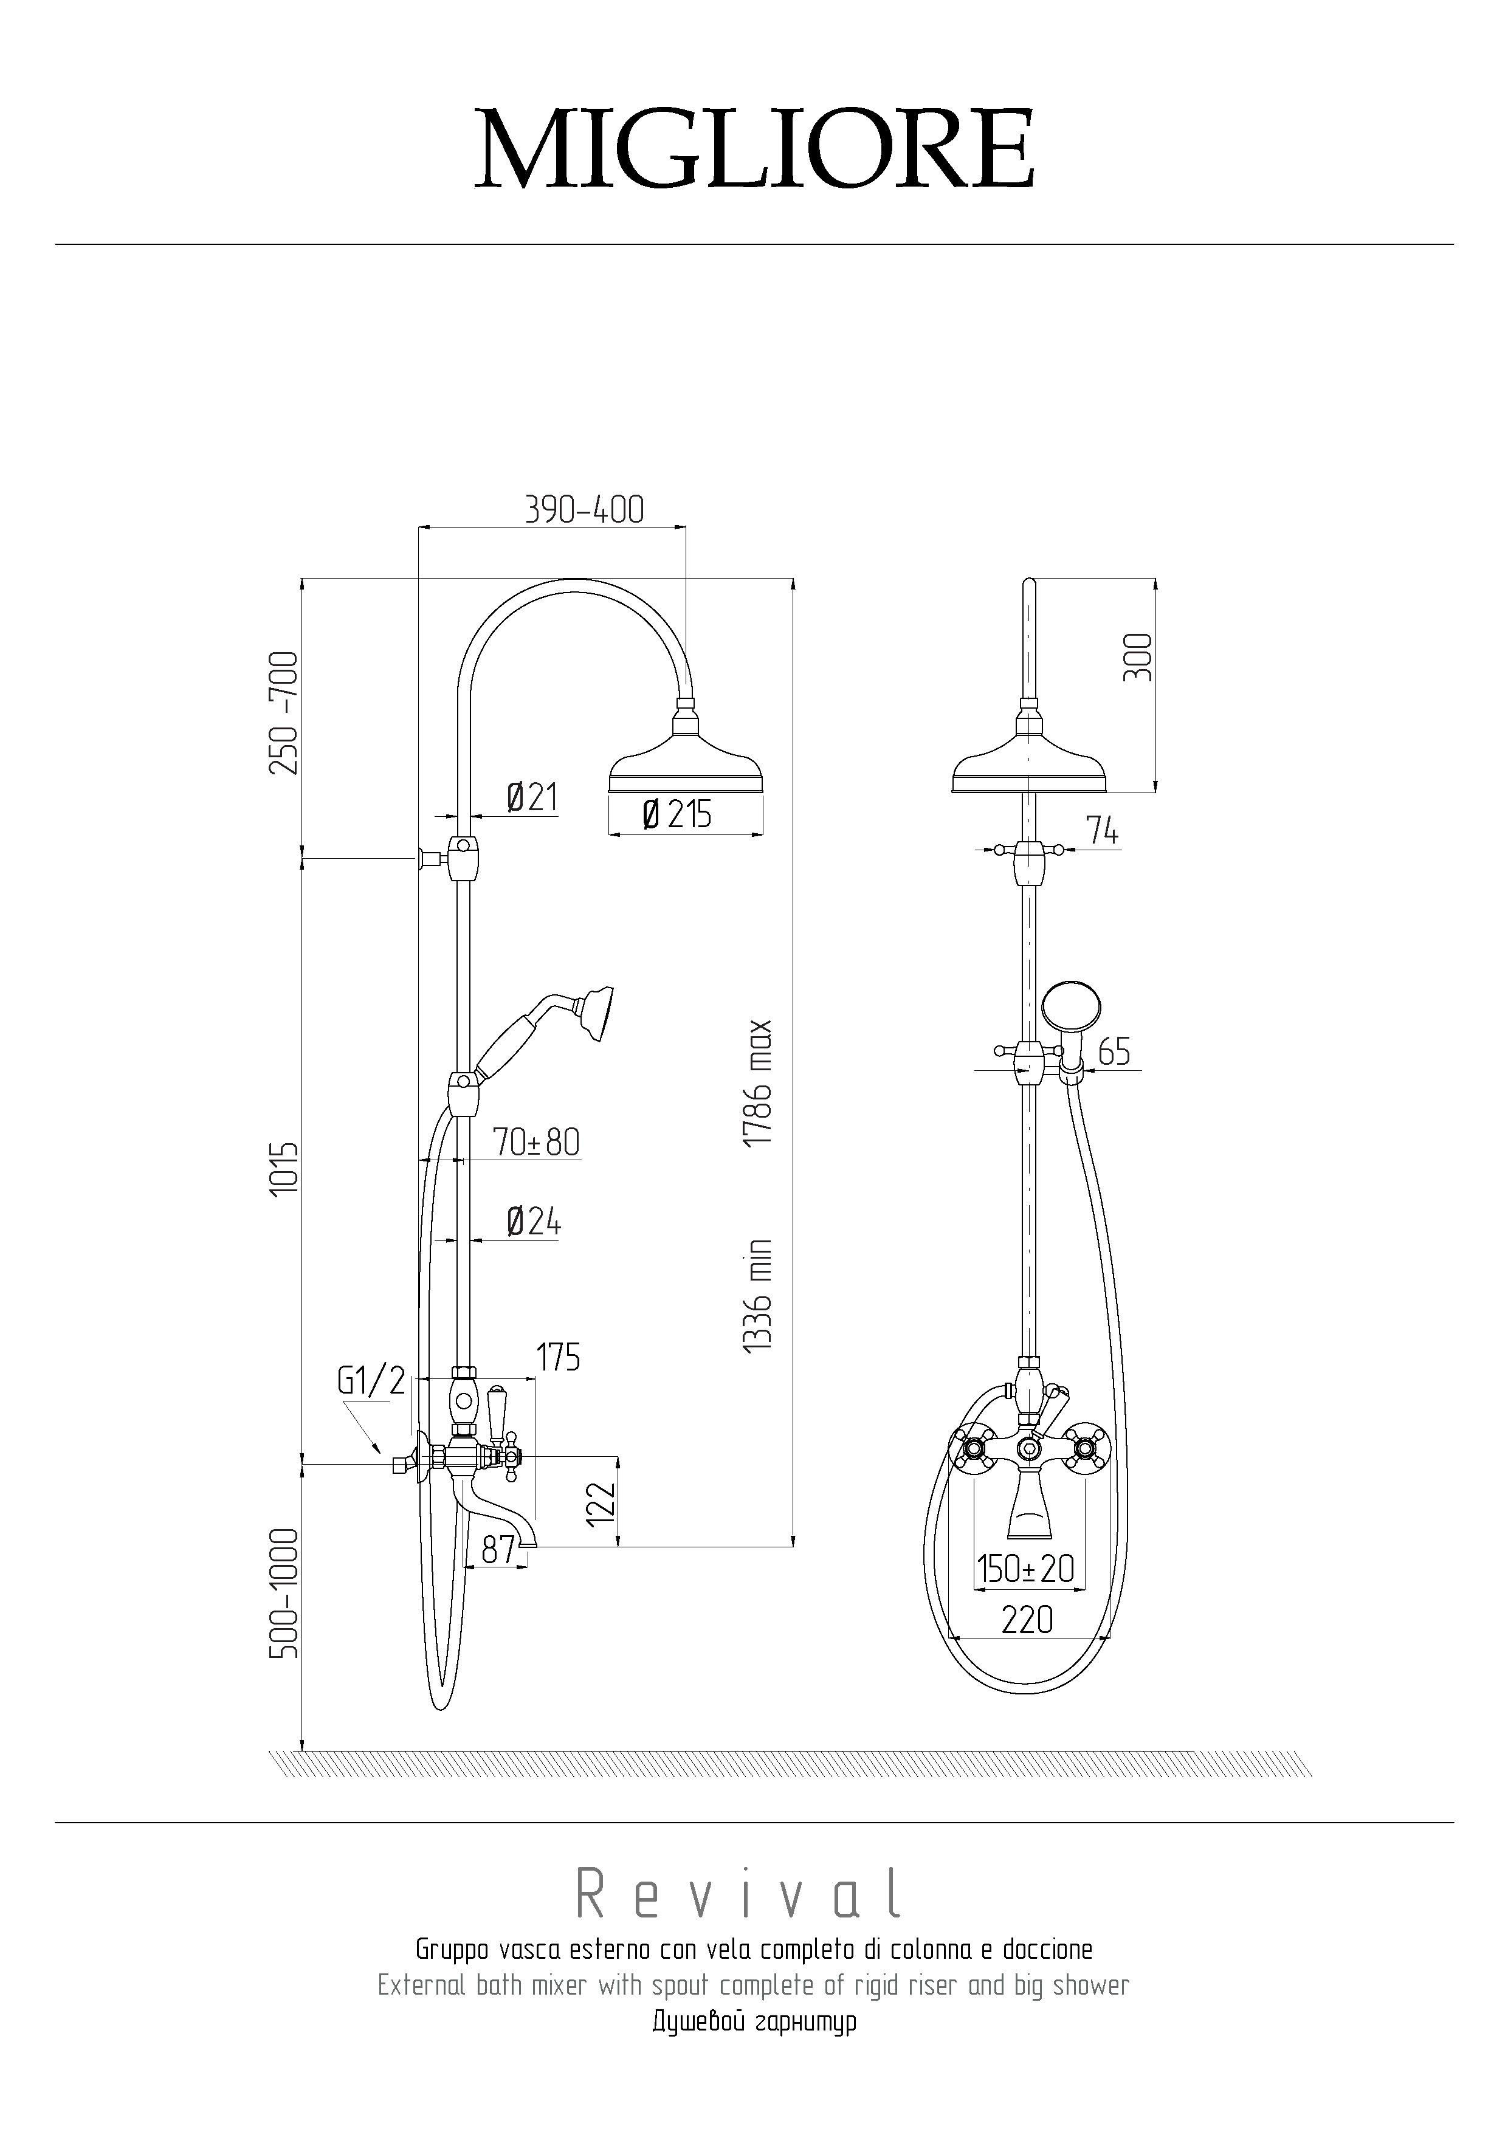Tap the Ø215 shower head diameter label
(x=677, y=814)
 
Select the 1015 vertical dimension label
(x=284, y=1168)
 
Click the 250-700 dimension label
(x=284, y=713)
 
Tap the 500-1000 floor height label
(x=284, y=1592)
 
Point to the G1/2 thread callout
(x=371, y=1381)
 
